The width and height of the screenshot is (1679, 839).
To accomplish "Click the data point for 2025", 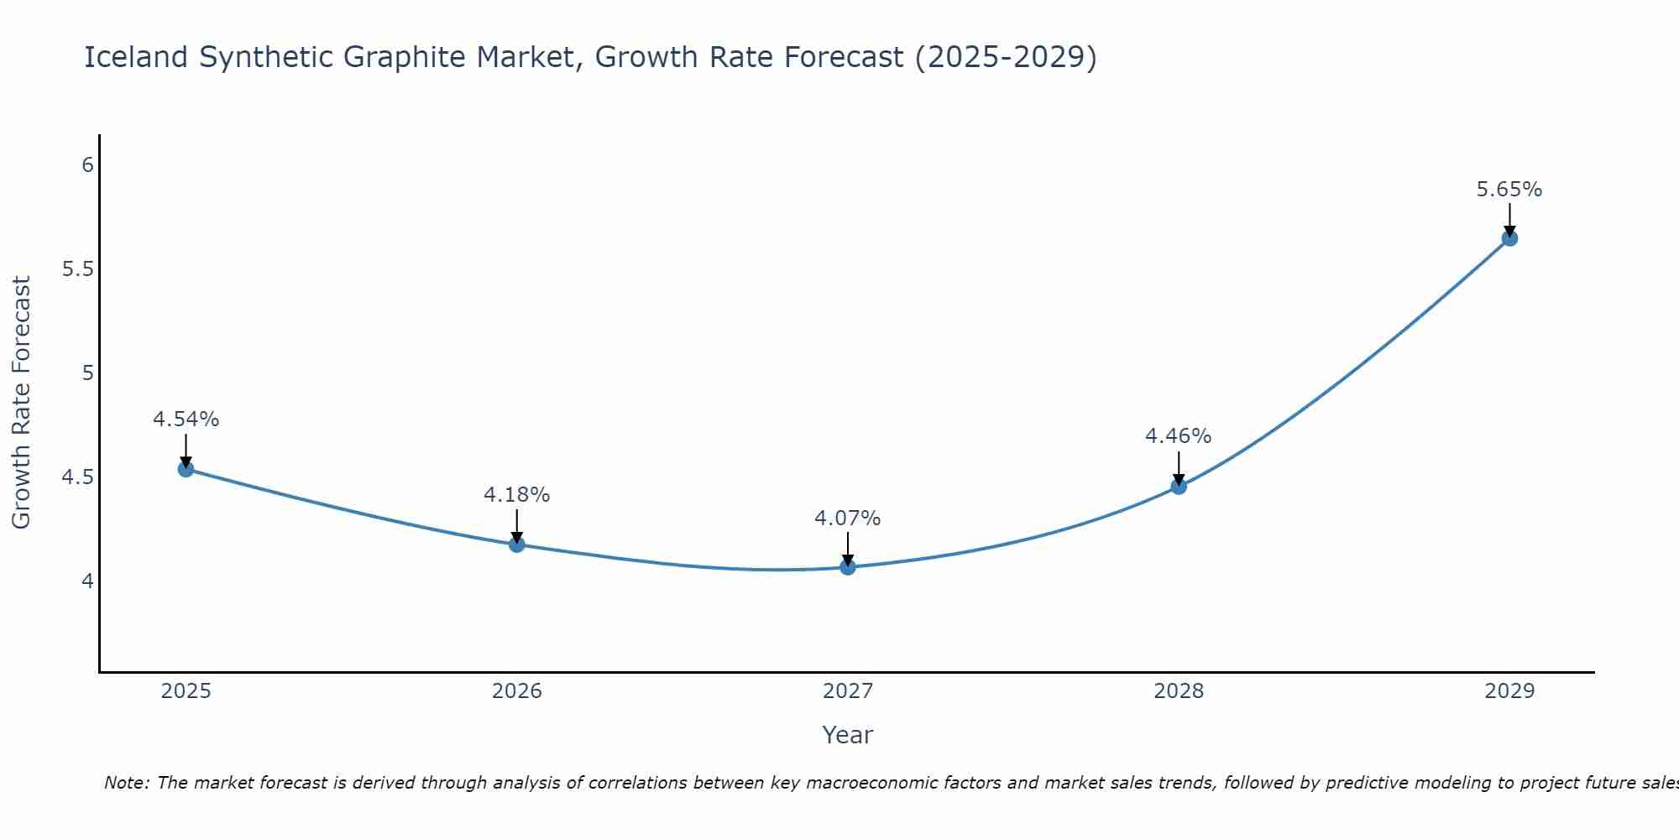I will pyautogui.click(x=186, y=469).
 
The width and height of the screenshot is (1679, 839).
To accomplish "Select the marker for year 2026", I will pyautogui.click(x=516, y=545).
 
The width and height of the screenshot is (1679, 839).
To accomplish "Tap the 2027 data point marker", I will pyautogui.click(x=847, y=567).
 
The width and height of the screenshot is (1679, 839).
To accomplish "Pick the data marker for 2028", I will pyautogui.click(x=1178, y=487).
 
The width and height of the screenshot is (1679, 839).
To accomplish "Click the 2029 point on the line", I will pyautogui.click(x=1509, y=238).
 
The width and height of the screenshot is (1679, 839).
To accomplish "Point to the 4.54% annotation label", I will pyautogui.click(x=186, y=419).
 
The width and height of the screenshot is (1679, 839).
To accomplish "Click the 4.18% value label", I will pyautogui.click(x=516, y=495).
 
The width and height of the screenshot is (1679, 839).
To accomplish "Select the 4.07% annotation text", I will pyautogui.click(x=847, y=519).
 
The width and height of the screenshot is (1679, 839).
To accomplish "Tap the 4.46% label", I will pyautogui.click(x=1178, y=436).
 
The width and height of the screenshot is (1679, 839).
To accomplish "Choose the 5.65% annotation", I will pyautogui.click(x=1509, y=190).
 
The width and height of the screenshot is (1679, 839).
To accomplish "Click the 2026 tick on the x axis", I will pyautogui.click(x=516, y=691).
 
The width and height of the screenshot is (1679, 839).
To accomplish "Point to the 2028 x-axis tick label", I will pyautogui.click(x=1178, y=691).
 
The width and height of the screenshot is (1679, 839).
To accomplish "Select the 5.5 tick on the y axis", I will pyautogui.click(x=77, y=269).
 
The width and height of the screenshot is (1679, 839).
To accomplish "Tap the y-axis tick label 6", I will pyautogui.click(x=87, y=165).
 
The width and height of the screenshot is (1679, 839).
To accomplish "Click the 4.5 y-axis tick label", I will pyautogui.click(x=77, y=477).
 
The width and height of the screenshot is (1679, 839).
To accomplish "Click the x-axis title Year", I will pyautogui.click(x=847, y=735).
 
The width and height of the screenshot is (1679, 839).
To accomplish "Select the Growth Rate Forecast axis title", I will pyautogui.click(x=21, y=403).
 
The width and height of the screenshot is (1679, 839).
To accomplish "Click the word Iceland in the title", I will pyautogui.click(x=136, y=57).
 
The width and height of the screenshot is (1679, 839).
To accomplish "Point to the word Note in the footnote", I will pyautogui.click(x=126, y=783).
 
